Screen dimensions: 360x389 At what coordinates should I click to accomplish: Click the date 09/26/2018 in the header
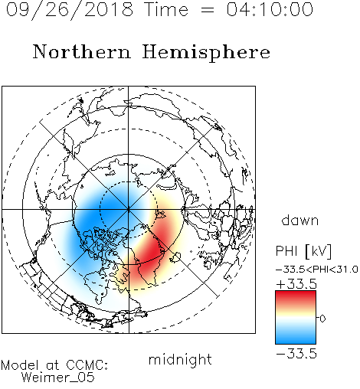[x=70, y=10]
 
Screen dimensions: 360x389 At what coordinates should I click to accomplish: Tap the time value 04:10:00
[x=270, y=9]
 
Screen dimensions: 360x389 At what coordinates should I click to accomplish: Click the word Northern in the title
[x=82, y=52]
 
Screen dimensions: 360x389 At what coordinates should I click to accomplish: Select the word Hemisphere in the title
[x=206, y=53]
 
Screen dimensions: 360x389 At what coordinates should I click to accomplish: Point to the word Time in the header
[x=166, y=9]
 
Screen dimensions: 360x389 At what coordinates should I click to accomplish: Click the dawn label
[x=300, y=220]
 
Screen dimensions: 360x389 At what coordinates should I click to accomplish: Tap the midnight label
[x=180, y=360]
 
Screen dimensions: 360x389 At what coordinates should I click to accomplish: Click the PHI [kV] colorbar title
[x=303, y=251]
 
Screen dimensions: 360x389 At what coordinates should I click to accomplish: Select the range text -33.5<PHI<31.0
[x=317, y=270]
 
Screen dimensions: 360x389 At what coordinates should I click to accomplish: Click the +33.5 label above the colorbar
[x=296, y=284]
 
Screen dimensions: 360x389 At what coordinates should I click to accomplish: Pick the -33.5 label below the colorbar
[x=296, y=354]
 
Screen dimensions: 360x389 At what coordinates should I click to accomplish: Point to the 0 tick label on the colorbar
[x=322, y=319]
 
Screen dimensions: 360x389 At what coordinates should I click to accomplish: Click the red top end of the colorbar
[x=296, y=293]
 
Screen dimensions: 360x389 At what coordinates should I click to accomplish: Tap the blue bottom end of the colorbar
[x=296, y=342]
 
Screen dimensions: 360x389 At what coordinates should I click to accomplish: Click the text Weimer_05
[x=58, y=378]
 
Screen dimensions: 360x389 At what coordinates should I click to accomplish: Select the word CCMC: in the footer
[x=87, y=365]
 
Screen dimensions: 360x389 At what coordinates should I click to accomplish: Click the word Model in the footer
[x=20, y=365]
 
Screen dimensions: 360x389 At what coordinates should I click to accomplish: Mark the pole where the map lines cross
[x=129, y=210]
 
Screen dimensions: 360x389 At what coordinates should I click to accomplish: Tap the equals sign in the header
[x=208, y=10]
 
